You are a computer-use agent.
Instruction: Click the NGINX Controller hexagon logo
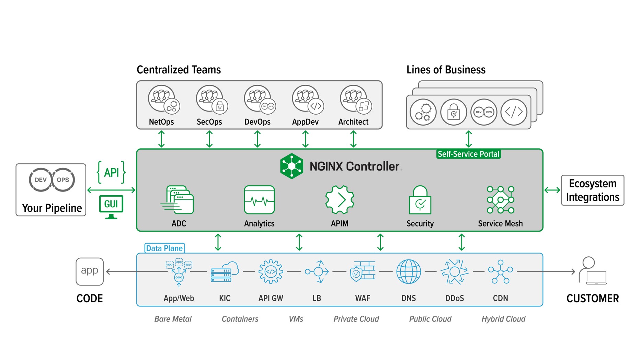(x=292, y=166)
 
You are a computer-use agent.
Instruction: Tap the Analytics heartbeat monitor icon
(x=259, y=200)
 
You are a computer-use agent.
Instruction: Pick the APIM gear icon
(x=340, y=200)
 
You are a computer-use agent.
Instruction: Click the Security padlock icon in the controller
(x=420, y=200)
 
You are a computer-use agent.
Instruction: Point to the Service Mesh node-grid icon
(x=500, y=200)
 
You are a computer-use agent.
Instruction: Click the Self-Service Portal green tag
(x=468, y=154)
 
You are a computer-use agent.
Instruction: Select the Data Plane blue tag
(x=164, y=248)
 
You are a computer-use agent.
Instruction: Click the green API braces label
(x=111, y=172)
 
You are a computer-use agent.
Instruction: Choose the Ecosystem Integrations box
(x=592, y=190)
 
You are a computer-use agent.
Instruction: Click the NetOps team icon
(x=163, y=100)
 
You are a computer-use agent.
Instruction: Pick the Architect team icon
(x=355, y=100)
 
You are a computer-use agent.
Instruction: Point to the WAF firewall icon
(x=363, y=271)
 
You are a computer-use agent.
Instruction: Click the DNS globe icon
(x=408, y=271)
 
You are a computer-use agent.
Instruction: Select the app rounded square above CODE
(x=90, y=271)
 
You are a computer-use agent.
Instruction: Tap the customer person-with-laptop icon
(x=592, y=271)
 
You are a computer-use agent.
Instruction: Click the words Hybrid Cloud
(x=503, y=319)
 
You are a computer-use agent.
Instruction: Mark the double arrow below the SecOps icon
(x=209, y=139)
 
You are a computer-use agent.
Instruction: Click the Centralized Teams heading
(x=179, y=70)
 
